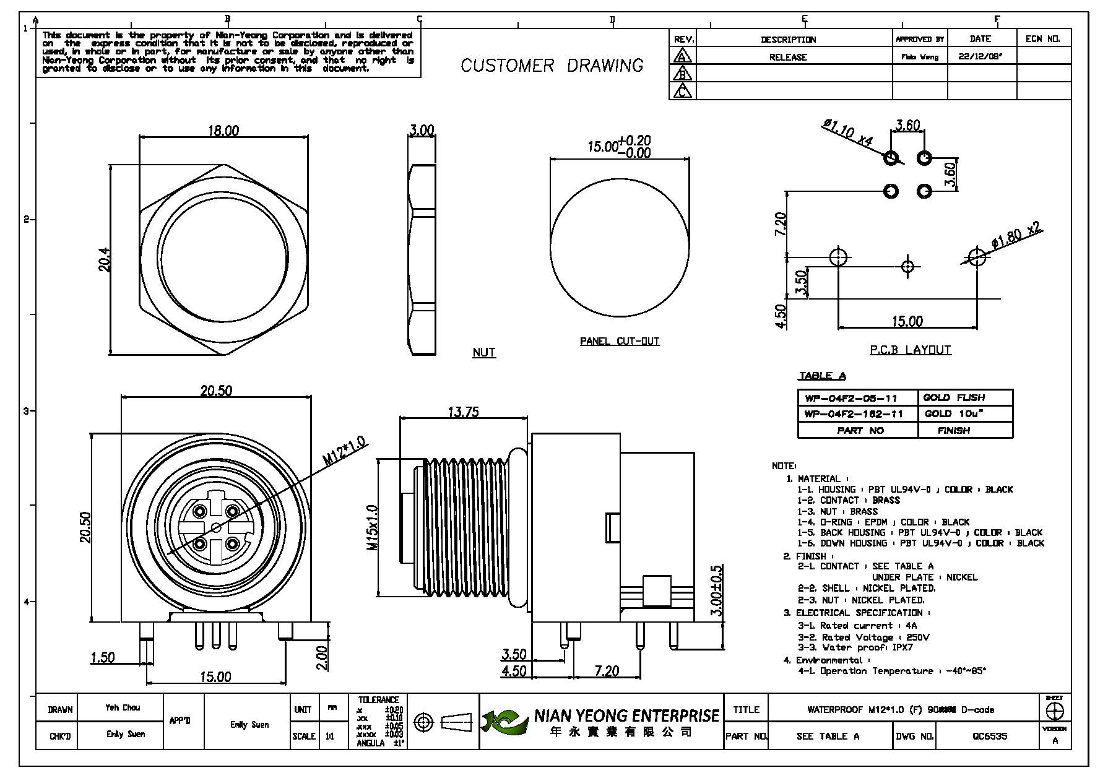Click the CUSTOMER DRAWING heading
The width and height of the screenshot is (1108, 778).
[x=552, y=66]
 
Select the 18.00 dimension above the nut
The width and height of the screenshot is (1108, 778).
[x=223, y=131]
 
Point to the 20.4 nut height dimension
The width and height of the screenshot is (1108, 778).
[x=105, y=259]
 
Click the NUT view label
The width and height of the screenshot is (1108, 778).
[x=483, y=352]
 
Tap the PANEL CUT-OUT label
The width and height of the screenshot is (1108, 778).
[x=620, y=341]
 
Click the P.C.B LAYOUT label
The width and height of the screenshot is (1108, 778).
[x=910, y=350]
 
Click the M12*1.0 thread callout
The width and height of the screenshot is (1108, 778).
[x=344, y=451]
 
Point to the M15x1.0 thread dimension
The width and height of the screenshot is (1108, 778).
[x=372, y=528]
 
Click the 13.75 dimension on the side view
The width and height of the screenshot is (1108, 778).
[x=463, y=412]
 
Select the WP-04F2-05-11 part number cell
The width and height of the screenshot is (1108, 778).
[x=854, y=397]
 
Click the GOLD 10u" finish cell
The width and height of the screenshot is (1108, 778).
[x=954, y=413]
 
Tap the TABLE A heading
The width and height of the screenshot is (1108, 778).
[x=822, y=376]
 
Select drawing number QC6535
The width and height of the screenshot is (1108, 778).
[x=989, y=737]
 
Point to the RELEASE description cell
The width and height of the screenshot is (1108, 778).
[x=788, y=57]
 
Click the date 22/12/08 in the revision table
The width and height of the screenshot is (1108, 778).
[x=980, y=56]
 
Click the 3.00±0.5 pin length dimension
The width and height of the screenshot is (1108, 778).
[x=716, y=590]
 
